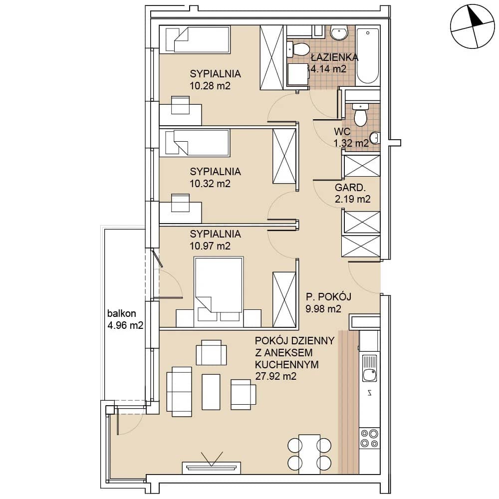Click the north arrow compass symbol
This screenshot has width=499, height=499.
472,26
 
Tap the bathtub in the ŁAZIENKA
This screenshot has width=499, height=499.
368,56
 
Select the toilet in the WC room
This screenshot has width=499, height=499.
360,115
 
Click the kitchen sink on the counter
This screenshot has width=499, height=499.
369,368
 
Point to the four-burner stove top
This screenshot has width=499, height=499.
369,438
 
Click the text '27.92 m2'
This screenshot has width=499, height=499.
275,376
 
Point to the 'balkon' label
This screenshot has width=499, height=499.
122,313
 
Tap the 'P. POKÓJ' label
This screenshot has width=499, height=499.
328,296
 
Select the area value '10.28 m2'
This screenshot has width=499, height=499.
210,86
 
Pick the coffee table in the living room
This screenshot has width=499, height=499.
211,392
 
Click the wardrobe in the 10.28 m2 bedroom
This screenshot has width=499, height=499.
271,57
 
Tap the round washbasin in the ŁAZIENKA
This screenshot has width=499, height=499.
339,33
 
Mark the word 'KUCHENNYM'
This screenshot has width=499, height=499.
287,364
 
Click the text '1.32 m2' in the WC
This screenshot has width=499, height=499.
351,143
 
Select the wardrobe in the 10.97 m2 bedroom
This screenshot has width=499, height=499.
284,299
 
